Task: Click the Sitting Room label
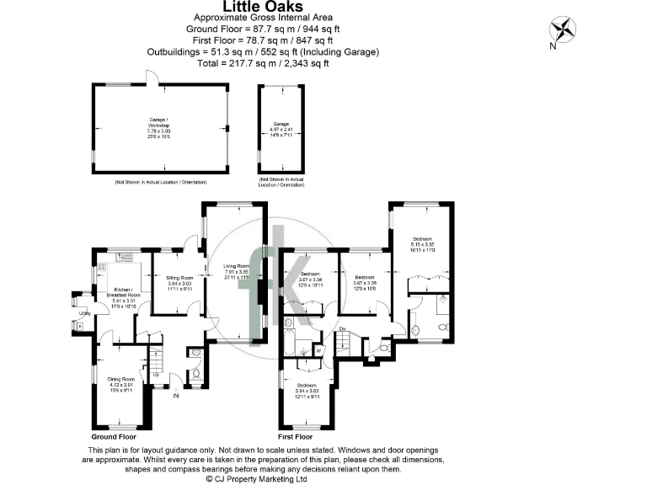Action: click(x=179, y=278)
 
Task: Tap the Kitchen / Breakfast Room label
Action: click(x=124, y=294)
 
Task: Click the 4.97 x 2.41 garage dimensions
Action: click(x=280, y=129)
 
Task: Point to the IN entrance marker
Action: click(x=176, y=396)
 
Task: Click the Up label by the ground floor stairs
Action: click(x=155, y=375)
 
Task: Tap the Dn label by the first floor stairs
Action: click(x=343, y=329)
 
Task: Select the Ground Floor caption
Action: click(x=114, y=438)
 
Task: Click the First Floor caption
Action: click(x=295, y=438)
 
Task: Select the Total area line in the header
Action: click(x=262, y=63)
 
